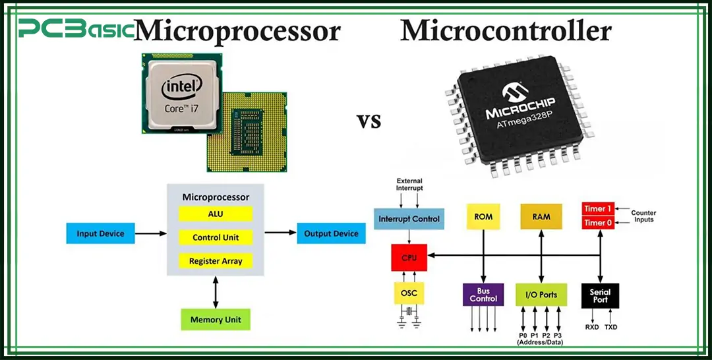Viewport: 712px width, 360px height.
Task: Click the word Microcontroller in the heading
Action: click(506, 31)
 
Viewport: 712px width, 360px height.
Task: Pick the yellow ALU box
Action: click(216, 214)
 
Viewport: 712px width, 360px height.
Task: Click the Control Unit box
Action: click(216, 237)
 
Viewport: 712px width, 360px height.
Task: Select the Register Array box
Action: click(216, 261)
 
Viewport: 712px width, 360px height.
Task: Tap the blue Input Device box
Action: click(100, 233)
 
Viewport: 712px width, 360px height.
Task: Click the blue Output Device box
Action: click(332, 233)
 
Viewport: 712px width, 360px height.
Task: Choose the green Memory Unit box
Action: click(216, 320)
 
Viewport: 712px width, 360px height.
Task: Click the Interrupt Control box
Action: click(409, 218)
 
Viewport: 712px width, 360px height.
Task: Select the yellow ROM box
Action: click(483, 217)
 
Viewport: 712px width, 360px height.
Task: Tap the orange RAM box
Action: click(541, 217)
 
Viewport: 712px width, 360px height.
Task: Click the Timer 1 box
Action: click(598, 209)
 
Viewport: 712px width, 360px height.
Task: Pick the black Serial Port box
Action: click(600, 295)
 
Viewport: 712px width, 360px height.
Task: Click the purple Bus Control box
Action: click(483, 295)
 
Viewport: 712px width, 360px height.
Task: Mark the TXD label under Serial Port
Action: click(611, 327)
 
